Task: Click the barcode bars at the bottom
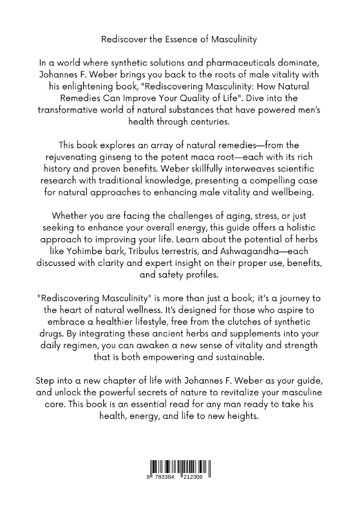point(180,470)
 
